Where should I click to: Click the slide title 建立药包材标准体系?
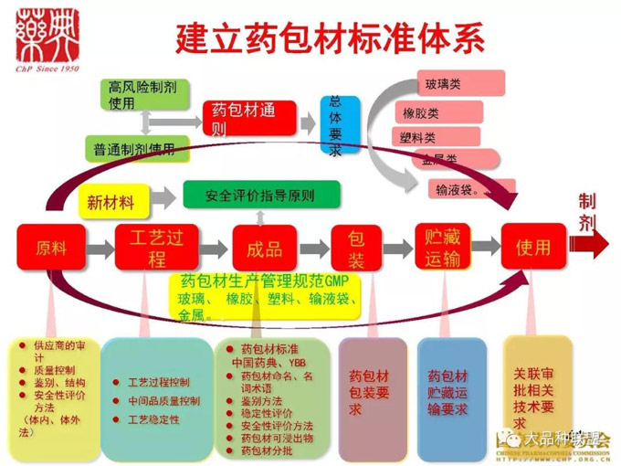[330, 38]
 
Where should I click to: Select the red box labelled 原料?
[51, 247]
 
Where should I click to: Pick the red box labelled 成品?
[264, 247]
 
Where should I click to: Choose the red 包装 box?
[356, 247]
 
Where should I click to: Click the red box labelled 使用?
[532, 247]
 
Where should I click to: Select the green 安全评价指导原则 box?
[261, 195]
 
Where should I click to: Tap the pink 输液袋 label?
[466, 189]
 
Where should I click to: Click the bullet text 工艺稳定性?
[153, 419]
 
